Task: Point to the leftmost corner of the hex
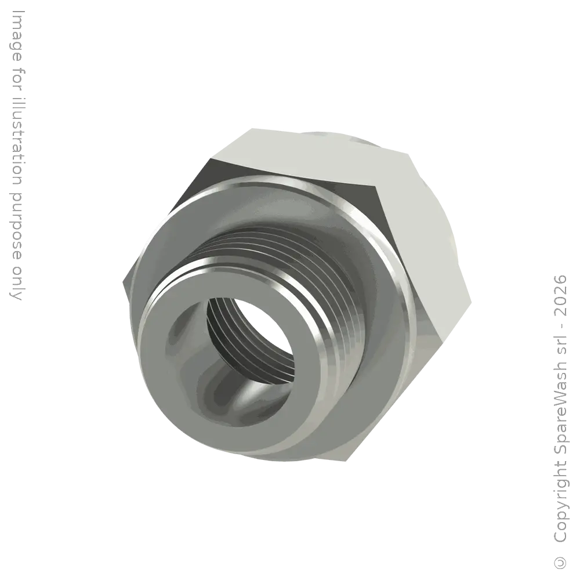coord(122,284)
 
